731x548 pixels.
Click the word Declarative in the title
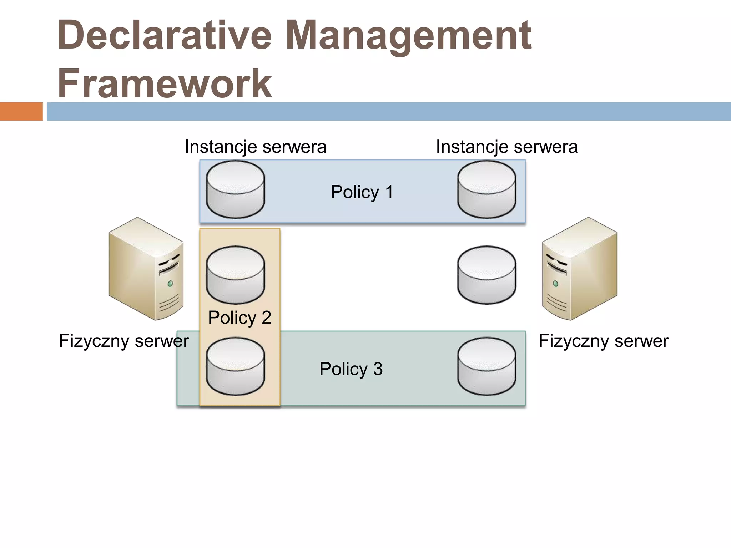pos(164,36)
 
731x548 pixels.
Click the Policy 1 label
pos(362,192)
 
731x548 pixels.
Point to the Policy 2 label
pos(240,318)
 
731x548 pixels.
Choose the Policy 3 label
pos(351,369)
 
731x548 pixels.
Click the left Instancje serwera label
pos(255,147)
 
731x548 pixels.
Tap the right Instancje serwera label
pos(506,147)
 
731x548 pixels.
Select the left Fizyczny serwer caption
pos(123,341)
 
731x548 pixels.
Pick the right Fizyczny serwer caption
pos(603,341)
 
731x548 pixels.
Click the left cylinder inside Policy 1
pos(236,189)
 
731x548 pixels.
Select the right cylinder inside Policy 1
pos(487,189)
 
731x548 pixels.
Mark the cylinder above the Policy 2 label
pos(236,275)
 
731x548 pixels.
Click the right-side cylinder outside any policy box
pos(487,275)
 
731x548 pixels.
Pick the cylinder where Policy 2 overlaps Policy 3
pos(236,366)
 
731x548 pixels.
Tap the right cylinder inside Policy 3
pos(487,366)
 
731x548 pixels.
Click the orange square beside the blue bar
pos(21,111)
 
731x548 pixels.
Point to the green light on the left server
pos(170,284)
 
